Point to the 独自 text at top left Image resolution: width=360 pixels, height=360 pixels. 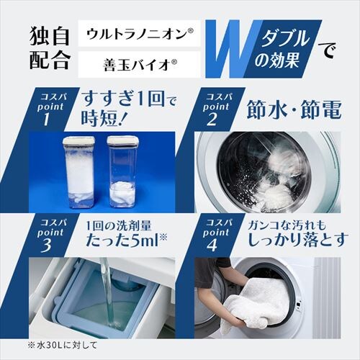[49, 34]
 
